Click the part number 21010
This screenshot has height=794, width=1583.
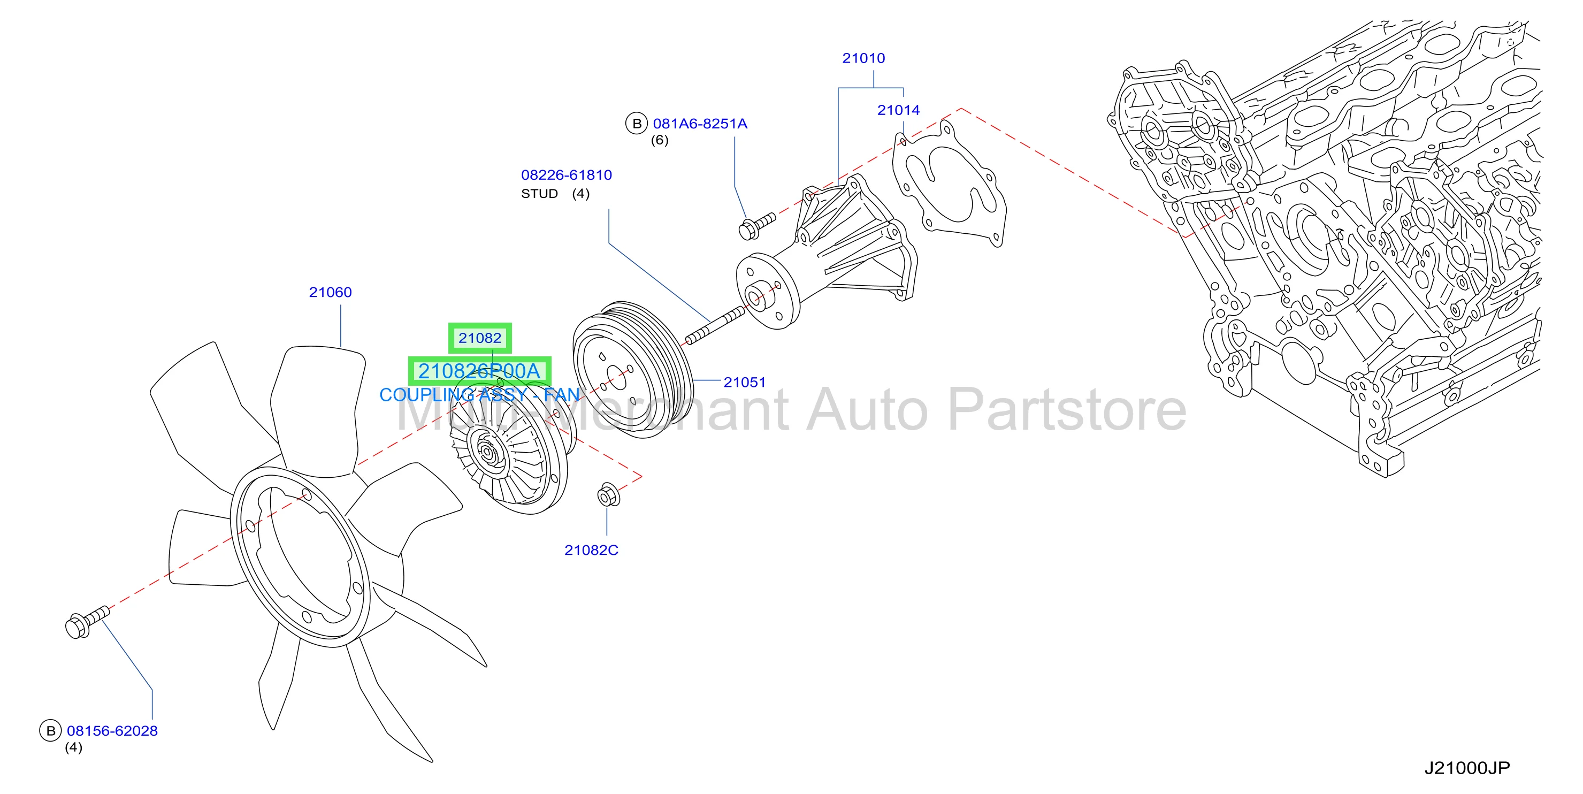point(863,58)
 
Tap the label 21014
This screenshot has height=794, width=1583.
point(898,111)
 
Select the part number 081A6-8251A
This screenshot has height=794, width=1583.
point(700,124)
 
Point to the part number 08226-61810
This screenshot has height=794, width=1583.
point(566,175)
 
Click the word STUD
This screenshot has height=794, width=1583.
point(540,194)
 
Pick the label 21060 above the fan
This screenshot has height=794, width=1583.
point(330,293)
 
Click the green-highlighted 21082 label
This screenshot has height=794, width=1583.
point(480,338)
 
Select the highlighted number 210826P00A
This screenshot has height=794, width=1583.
point(479,371)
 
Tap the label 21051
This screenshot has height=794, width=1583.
point(744,382)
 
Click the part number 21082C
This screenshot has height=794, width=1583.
point(591,550)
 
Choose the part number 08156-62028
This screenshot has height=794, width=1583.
point(112,731)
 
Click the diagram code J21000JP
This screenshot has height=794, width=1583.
point(1467,768)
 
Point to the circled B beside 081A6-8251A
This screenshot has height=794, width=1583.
point(637,124)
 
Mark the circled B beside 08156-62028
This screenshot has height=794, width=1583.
point(50,731)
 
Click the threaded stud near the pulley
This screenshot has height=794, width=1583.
point(715,326)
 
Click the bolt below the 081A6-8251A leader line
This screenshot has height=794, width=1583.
point(756,226)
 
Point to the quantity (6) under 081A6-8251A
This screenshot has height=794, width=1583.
point(660,141)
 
